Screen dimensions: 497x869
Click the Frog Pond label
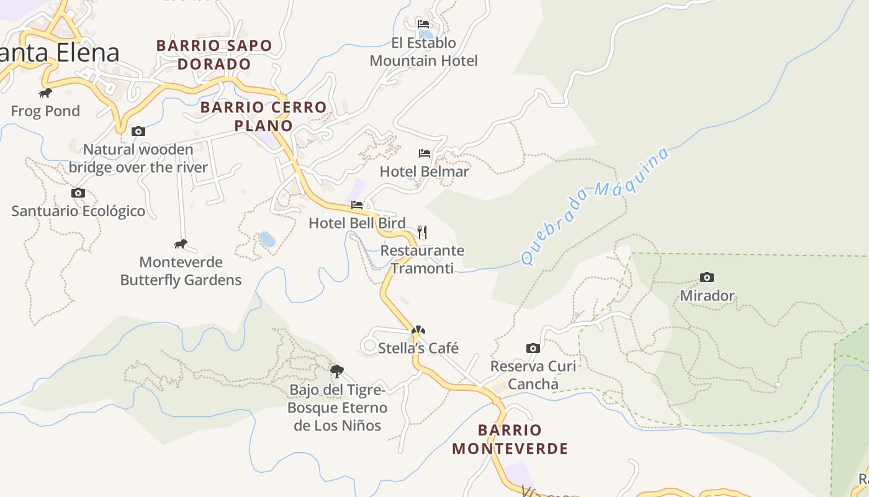pyautogui.click(x=45, y=111)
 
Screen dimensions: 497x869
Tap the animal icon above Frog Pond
pyautogui.click(x=45, y=93)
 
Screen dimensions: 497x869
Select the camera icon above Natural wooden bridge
pyautogui.click(x=138, y=131)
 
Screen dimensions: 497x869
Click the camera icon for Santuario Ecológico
pyautogui.click(x=78, y=193)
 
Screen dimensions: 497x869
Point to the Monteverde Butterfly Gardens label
pyautogui.click(x=181, y=271)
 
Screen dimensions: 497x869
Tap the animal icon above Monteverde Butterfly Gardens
pyautogui.click(x=181, y=244)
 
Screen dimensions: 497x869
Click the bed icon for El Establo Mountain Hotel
pyautogui.click(x=423, y=24)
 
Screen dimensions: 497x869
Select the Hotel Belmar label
pyautogui.click(x=425, y=171)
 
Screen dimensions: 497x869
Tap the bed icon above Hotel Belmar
pyautogui.click(x=425, y=153)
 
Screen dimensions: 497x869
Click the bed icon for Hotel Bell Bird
pyautogui.click(x=357, y=204)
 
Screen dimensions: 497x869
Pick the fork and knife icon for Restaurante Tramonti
pyautogui.click(x=422, y=232)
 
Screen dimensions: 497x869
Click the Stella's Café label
pyautogui.click(x=418, y=348)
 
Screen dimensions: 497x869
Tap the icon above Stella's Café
pyautogui.click(x=418, y=330)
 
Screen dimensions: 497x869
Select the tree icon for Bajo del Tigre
pyautogui.click(x=337, y=372)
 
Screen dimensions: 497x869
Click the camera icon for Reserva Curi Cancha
pyautogui.click(x=533, y=348)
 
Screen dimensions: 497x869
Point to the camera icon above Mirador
pyautogui.click(x=706, y=277)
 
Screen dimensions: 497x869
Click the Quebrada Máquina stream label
pyautogui.click(x=595, y=206)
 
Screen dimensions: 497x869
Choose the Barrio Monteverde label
pyautogui.click(x=510, y=439)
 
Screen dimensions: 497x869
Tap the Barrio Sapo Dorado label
pyautogui.click(x=214, y=55)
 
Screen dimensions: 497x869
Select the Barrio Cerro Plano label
pyautogui.click(x=263, y=116)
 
